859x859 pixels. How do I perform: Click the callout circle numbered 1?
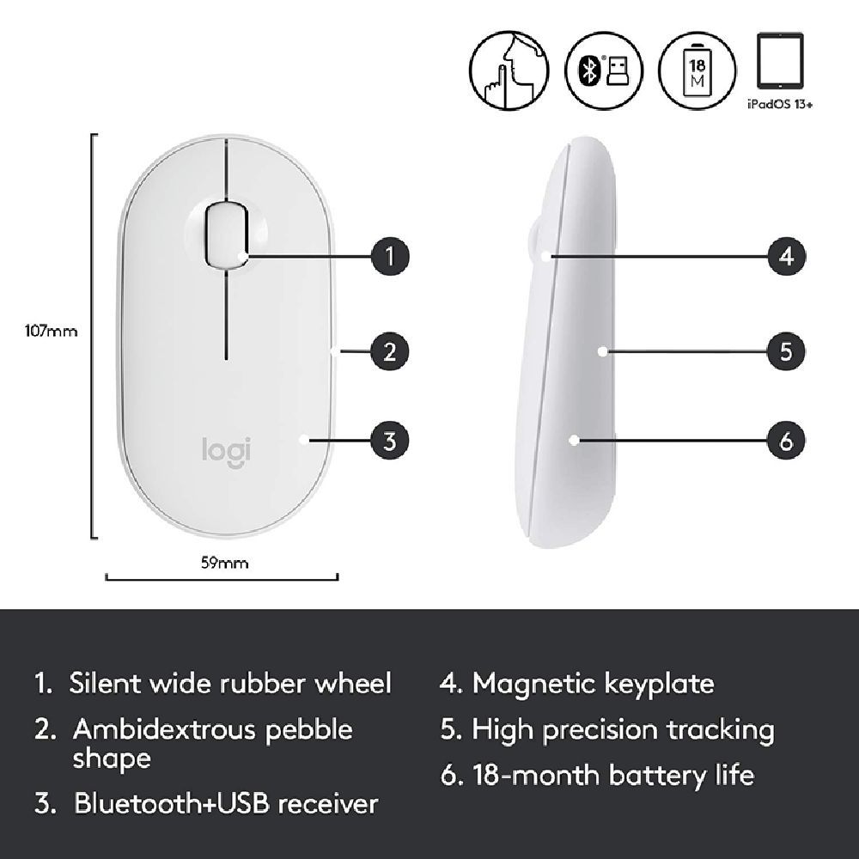tap(390, 255)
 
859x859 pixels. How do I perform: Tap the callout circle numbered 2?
tap(390, 350)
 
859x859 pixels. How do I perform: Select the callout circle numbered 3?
tap(390, 442)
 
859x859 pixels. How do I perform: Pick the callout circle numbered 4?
tap(786, 255)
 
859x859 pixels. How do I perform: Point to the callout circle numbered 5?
tap(786, 350)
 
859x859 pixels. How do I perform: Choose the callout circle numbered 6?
tap(786, 442)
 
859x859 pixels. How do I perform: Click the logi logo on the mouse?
tap(226, 449)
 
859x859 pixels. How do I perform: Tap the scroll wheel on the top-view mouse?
tap(226, 230)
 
